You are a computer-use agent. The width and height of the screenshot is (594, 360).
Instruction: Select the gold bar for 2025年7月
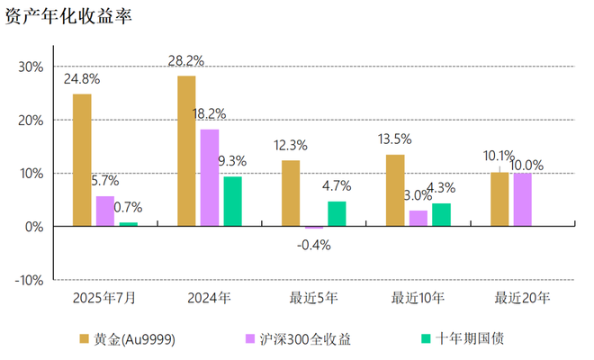pos(82,160)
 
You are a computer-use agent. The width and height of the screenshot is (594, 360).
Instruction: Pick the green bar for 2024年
pos(232,201)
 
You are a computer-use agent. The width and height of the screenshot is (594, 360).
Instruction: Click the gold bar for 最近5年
pos(291,193)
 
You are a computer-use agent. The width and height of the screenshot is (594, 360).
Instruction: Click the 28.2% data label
pos(186,61)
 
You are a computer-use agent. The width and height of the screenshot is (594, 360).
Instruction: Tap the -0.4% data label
pos(313,245)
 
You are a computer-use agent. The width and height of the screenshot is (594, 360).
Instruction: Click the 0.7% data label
pos(127,207)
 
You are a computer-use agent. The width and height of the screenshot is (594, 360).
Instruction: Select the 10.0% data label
pos(526,165)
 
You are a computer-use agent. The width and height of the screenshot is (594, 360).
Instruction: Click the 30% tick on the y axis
pos(30,67)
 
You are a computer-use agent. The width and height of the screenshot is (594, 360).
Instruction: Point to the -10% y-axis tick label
pos(28,280)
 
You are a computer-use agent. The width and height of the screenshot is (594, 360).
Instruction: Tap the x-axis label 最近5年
pos(313,296)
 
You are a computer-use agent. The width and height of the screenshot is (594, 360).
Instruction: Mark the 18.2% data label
pos(209,114)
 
